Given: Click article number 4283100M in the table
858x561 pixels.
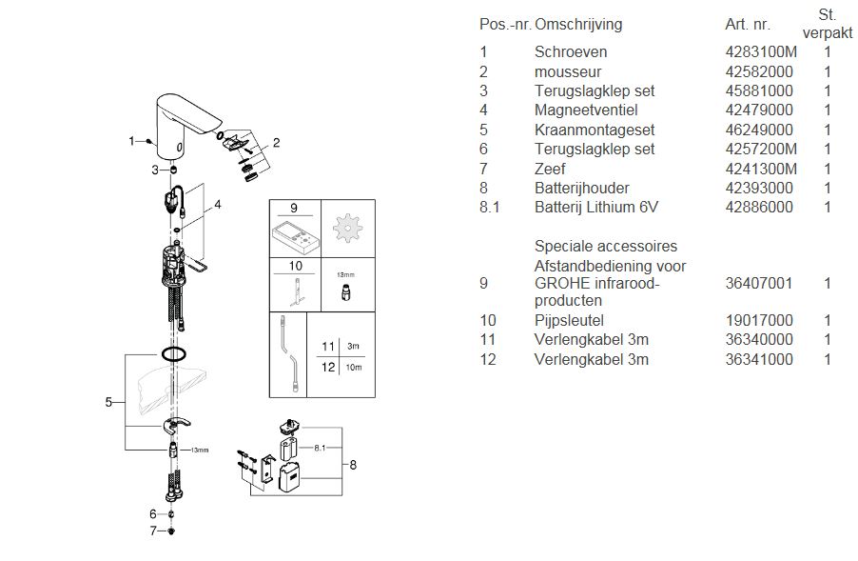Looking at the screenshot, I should click(x=761, y=52).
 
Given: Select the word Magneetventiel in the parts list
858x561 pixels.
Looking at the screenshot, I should click(x=580, y=110).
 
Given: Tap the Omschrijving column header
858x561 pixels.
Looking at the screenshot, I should click(x=579, y=23).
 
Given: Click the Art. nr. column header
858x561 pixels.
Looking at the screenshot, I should click(x=748, y=24).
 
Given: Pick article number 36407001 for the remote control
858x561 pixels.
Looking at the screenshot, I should click(x=758, y=283).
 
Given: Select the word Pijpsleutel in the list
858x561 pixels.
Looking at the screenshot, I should click(x=569, y=321).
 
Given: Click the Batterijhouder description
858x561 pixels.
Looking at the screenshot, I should click(x=581, y=188).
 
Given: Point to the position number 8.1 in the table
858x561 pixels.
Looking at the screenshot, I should click(x=490, y=207).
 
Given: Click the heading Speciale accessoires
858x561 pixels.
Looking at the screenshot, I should click(x=606, y=247).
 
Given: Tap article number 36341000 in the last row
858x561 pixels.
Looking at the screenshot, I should click(x=758, y=360).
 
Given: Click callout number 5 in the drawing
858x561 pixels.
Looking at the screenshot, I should click(x=109, y=402).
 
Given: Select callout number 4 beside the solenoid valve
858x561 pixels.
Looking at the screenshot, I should click(x=217, y=204).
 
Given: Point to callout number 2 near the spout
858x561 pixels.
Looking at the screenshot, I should click(x=276, y=144).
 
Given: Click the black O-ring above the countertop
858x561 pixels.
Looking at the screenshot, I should click(x=172, y=354).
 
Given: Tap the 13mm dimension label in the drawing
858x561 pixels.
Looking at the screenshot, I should click(x=200, y=450).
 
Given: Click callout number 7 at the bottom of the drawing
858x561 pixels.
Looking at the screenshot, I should click(x=152, y=531).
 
